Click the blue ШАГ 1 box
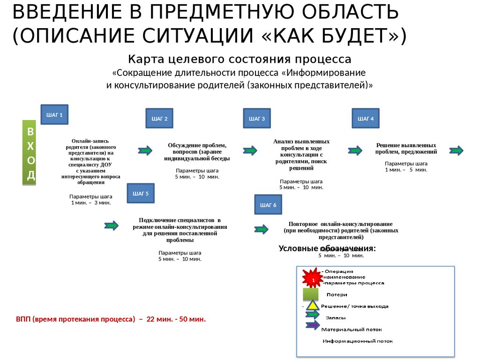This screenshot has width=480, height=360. [54, 114]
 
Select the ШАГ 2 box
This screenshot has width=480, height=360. [159, 119]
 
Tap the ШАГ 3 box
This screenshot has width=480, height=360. [257, 119]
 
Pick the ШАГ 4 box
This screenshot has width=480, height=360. [366, 119]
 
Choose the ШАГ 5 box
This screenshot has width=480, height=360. [141, 193]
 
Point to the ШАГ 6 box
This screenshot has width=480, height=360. [268, 205]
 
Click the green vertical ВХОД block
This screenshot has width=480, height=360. [30, 153]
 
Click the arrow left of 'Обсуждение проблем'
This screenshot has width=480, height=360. [145, 150]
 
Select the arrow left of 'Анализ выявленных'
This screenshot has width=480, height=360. [250, 150]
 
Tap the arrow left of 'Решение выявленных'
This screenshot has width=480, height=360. [355, 150]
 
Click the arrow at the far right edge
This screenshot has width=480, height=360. [457, 150]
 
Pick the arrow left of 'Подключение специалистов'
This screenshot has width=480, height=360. [112, 225]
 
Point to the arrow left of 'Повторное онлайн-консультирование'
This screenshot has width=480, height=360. [261, 229]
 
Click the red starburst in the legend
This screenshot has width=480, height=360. [312, 279]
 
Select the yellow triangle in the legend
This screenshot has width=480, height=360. [313, 307]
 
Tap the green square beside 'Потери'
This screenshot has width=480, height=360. [311, 294]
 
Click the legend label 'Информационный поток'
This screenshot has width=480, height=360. [357, 341]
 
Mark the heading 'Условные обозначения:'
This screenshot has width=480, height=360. [327, 248]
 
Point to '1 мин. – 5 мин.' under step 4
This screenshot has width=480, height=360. [406, 170]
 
